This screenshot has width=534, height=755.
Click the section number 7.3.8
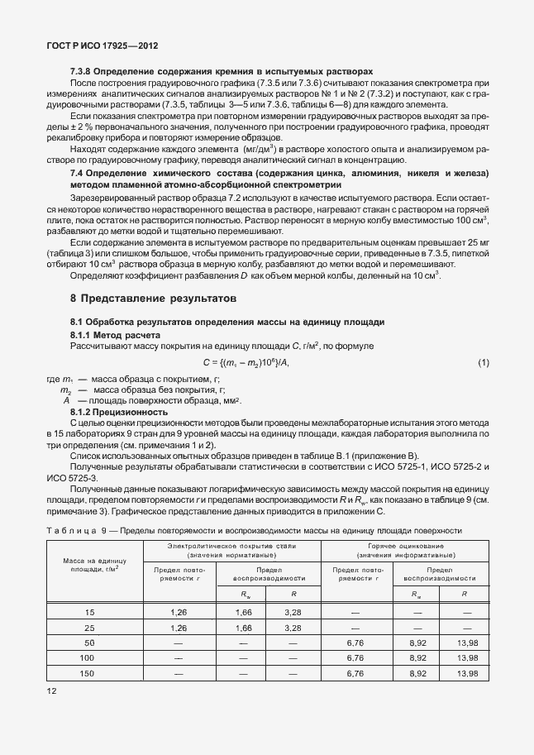click(x=82, y=73)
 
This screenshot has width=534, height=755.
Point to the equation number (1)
click(x=484, y=363)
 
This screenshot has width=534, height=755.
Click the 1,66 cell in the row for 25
click(x=243, y=628)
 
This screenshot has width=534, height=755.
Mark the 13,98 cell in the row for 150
click(x=468, y=674)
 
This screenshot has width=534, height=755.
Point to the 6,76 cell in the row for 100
click(x=355, y=658)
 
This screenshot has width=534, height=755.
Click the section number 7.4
click(x=79, y=173)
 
